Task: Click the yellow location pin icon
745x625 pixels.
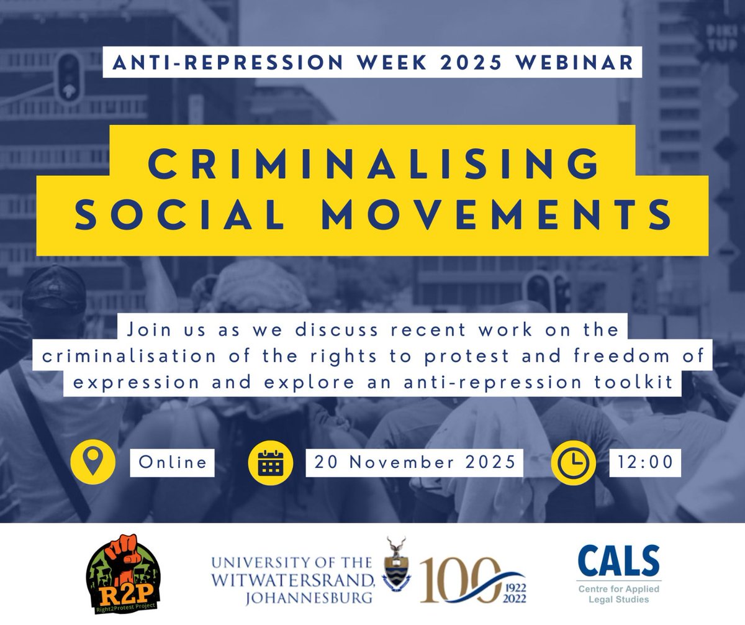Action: [x=93, y=462]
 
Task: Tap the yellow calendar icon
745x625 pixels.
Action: [x=269, y=462]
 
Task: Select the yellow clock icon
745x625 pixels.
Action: [x=573, y=462]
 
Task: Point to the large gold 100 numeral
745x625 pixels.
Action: [x=459, y=580]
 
